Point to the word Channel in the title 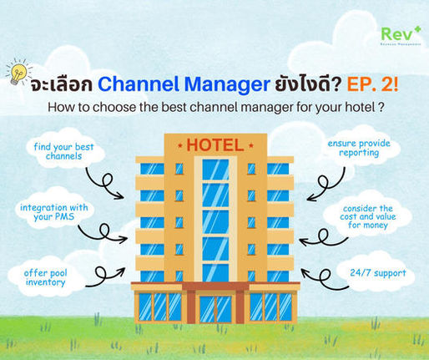(134, 84)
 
